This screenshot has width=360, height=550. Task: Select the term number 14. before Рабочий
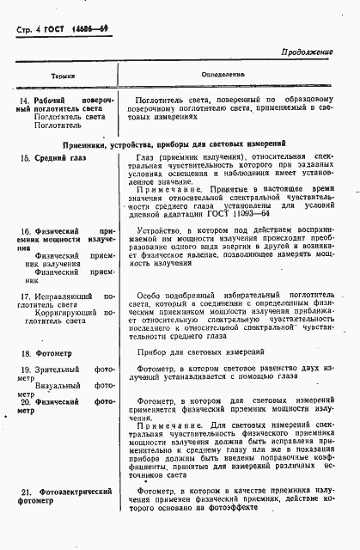point(25,101)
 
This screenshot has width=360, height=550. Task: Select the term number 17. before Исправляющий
point(26,296)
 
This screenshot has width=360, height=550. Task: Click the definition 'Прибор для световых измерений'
point(211,351)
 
